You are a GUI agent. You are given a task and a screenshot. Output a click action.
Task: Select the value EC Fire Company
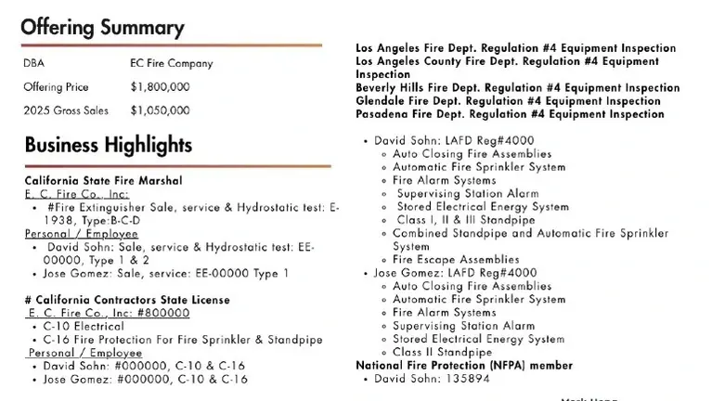click(172, 64)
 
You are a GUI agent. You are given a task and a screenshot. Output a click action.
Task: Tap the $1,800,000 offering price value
click(160, 87)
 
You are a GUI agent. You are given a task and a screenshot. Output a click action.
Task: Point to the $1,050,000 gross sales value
click(160, 110)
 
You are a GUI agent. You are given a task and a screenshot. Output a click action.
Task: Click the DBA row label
click(34, 64)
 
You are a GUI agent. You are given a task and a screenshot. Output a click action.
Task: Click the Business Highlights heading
click(108, 145)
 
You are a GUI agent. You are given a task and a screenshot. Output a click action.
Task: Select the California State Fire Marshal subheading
click(103, 180)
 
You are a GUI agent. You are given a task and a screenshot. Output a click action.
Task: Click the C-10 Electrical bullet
click(84, 327)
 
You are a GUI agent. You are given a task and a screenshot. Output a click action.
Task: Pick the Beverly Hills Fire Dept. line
click(517, 88)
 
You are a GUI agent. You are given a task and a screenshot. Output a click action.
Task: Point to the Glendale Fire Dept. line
click(508, 101)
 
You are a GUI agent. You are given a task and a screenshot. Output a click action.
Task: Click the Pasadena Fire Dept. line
click(510, 114)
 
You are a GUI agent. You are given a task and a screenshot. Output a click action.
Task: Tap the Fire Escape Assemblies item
click(455, 260)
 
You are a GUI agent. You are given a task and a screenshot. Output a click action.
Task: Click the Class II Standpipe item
click(442, 353)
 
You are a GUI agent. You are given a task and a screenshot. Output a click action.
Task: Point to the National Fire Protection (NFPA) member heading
click(464, 366)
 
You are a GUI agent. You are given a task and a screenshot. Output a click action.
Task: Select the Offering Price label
click(57, 87)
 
